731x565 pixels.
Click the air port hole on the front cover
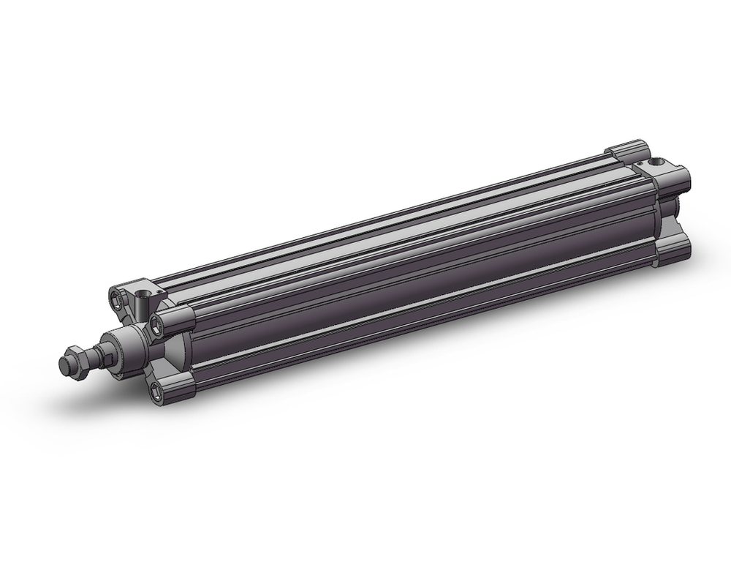[143, 295]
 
